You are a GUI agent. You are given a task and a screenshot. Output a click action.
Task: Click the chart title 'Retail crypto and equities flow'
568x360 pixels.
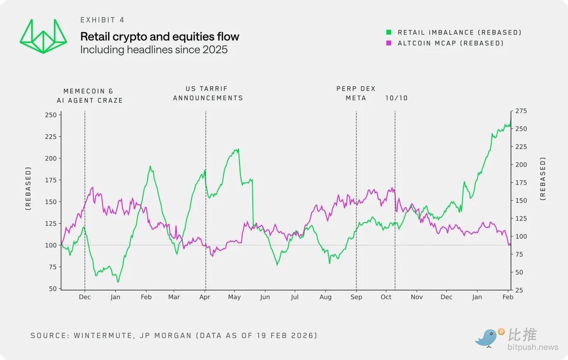point(160,36)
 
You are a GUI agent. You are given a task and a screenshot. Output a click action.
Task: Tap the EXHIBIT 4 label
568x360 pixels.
point(102,20)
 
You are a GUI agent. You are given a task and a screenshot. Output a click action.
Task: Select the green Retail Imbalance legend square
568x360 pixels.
point(389,32)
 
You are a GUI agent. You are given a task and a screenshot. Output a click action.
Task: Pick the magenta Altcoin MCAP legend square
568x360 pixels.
point(389,43)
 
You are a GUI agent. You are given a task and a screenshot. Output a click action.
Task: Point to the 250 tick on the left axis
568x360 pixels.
point(51,115)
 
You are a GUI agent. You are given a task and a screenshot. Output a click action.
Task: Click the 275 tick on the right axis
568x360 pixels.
point(521,111)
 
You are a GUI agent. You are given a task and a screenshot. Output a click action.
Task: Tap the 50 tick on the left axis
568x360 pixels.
point(53,289)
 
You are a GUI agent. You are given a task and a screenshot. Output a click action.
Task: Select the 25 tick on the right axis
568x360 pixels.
point(519,290)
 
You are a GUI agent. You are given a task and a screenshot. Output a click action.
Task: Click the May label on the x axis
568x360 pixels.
point(234,297)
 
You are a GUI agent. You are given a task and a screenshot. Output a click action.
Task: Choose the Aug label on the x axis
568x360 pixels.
point(325,297)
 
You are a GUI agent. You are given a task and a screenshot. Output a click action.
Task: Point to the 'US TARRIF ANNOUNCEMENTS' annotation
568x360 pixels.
point(208,93)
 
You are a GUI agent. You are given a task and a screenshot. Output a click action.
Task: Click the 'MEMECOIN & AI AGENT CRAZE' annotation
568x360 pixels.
point(93,96)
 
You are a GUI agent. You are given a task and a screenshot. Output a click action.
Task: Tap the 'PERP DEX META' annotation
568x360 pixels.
point(356,93)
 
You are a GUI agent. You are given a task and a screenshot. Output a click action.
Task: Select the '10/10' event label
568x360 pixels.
point(396,98)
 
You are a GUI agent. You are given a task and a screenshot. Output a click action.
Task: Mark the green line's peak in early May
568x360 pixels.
point(238,149)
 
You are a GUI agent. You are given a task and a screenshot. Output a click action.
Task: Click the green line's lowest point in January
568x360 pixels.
point(118,282)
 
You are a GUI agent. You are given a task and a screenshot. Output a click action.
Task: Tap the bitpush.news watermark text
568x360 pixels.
point(533,348)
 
